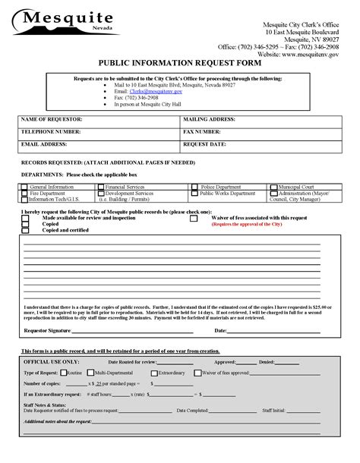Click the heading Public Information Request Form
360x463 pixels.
pyautogui.click(x=179, y=65)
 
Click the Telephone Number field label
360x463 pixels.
pyautogui.click(x=51, y=132)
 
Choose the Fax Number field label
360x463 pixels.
pyautogui.click(x=207, y=132)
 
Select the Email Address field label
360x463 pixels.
pyautogui.click(x=45, y=143)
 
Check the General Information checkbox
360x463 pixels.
pyautogui.click(x=24, y=187)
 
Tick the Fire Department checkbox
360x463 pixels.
pyautogui.click(x=24, y=194)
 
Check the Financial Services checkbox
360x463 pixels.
pyautogui.click(x=101, y=187)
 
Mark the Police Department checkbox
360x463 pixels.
pyautogui.click(x=195, y=187)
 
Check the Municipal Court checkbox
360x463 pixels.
pyautogui.click(x=273, y=187)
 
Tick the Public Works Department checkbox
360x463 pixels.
pyautogui.click(x=194, y=194)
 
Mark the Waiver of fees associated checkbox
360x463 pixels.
pyautogui.click(x=194, y=219)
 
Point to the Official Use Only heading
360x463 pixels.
pyautogui.click(x=52, y=363)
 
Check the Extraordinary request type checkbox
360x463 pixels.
pyautogui.click(x=155, y=373)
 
